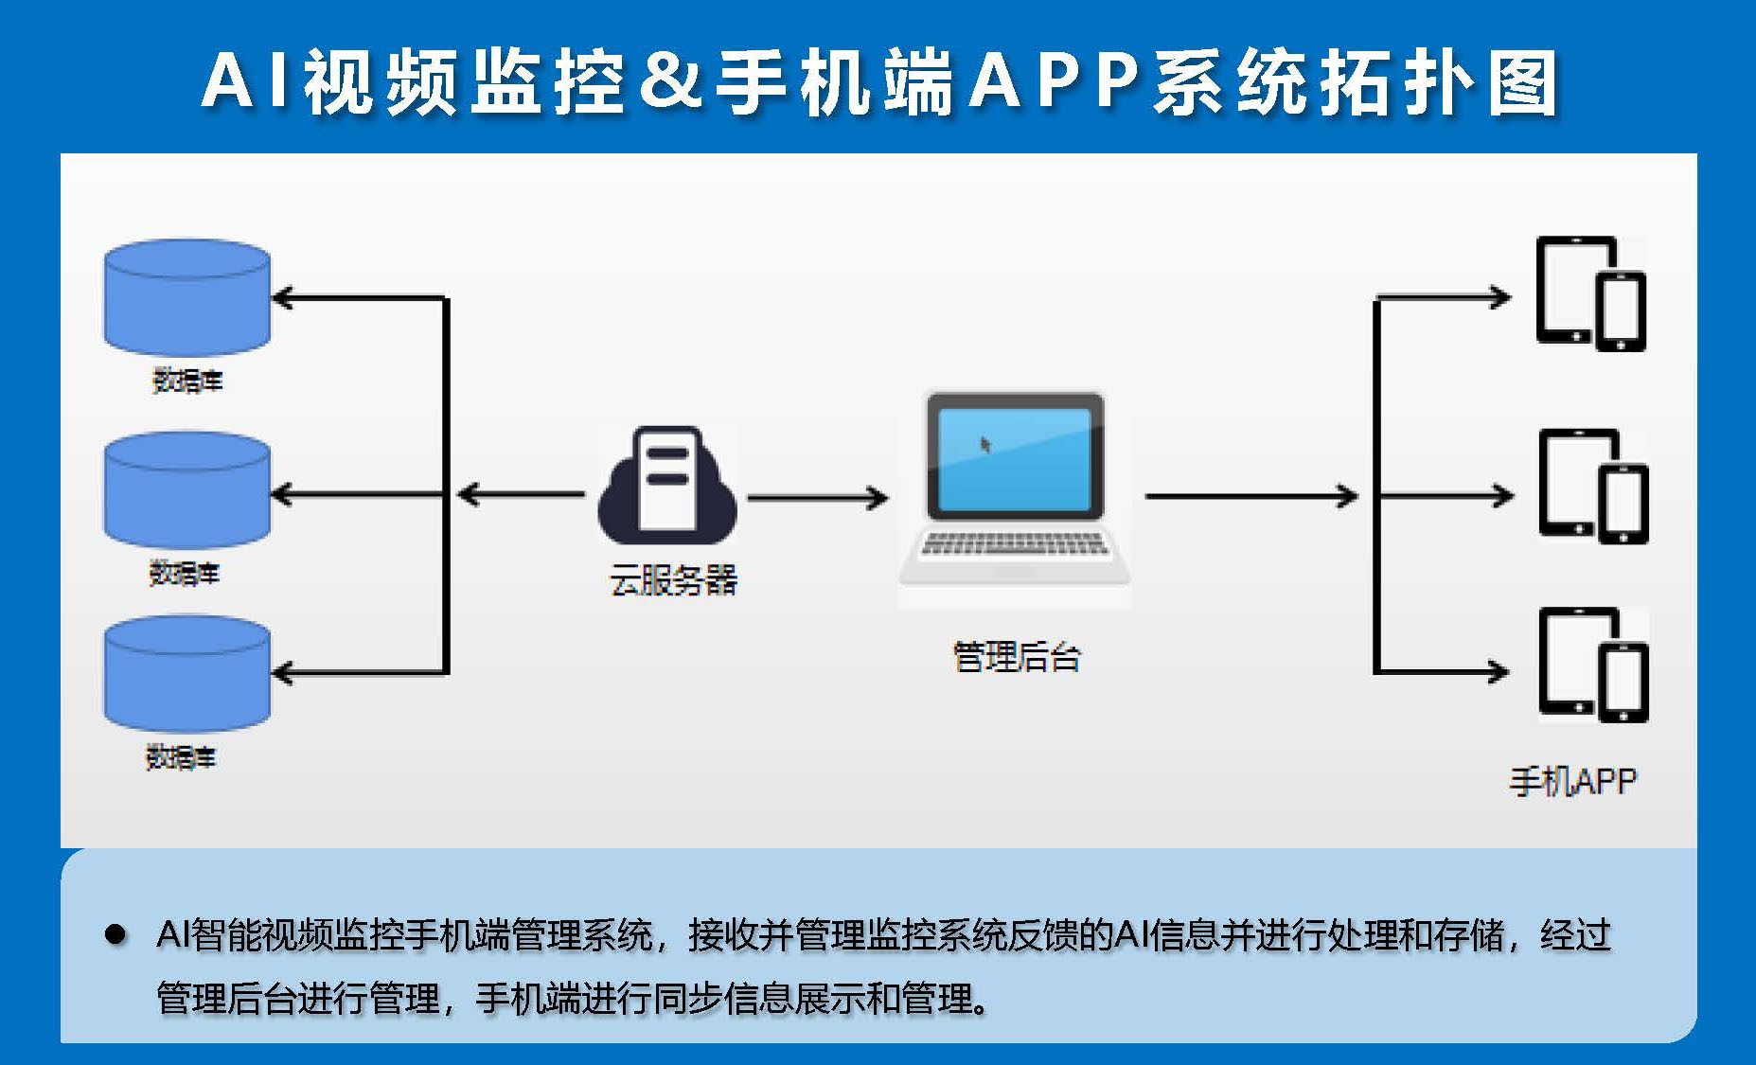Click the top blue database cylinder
tap(186, 297)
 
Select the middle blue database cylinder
tap(186, 490)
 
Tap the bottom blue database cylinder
tap(186, 674)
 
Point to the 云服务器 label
tap(673, 580)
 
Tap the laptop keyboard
tap(1014, 544)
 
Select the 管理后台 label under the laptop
tap(1016, 656)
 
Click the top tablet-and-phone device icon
tap(1591, 293)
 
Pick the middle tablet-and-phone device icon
tap(1593, 487)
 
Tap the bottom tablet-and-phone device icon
tap(1593, 665)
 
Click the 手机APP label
tap(1572, 781)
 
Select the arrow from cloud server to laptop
tap(818, 495)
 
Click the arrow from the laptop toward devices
tap(1251, 495)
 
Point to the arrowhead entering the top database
tap(283, 298)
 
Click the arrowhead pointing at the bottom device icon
tap(1499, 672)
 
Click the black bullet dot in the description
tap(115, 935)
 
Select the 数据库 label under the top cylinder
tap(187, 381)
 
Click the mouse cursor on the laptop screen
tap(985, 444)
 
